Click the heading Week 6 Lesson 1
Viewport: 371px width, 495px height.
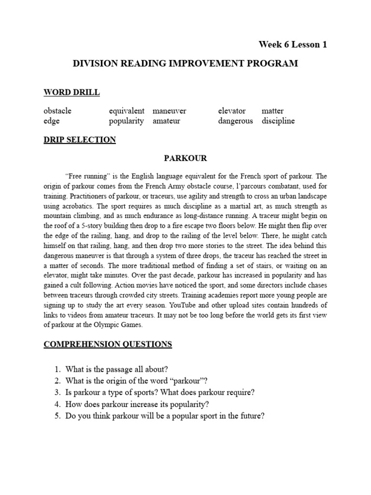pos(293,44)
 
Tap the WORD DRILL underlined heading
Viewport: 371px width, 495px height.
pos(71,92)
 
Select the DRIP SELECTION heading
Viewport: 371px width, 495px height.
pos(80,140)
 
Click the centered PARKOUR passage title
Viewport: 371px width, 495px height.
pos(185,159)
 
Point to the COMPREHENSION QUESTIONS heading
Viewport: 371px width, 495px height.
pos(108,344)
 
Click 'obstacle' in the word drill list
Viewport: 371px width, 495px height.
pos(57,111)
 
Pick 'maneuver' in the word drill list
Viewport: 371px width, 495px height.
pos(169,111)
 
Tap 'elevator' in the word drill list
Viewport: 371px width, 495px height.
pos(232,111)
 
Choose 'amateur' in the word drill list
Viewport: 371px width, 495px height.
pos(166,121)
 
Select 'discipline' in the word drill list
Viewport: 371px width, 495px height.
pos(278,121)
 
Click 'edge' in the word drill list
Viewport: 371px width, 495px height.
pos(51,121)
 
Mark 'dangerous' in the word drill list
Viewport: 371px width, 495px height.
pos(235,121)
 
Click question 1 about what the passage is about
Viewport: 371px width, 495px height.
pos(116,369)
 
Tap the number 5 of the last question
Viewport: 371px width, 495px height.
pos(57,415)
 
